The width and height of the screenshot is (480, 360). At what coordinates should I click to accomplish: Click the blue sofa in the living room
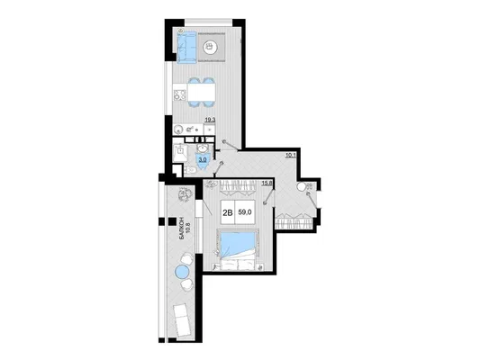tap(186, 48)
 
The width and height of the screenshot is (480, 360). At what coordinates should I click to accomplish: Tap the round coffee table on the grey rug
tap(210, 47)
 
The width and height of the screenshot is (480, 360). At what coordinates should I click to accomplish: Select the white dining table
tap(201, 92)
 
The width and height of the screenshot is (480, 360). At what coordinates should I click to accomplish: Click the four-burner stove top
tap(180, 95)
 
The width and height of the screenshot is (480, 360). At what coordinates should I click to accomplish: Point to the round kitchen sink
tap(177, 130)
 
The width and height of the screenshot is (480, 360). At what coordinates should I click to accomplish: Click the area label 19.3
tap(210, 121)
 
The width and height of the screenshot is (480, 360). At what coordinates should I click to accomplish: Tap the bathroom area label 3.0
tap(203, 159)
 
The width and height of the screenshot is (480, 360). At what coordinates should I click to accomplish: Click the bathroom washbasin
tap(202, 149)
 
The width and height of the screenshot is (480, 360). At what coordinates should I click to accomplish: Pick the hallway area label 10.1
tap(291, 155)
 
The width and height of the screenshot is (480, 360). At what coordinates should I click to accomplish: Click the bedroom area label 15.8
tap(267, 183)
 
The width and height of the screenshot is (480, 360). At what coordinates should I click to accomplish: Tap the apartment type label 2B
tap(228, 212)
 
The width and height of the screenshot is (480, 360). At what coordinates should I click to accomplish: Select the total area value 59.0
tap(245, 212)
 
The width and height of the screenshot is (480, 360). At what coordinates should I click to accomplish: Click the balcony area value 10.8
tap(188, 229)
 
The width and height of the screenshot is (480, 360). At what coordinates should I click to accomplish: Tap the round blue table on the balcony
tap(182, 272)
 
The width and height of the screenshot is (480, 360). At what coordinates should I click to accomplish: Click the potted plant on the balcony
tap(185, 195)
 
